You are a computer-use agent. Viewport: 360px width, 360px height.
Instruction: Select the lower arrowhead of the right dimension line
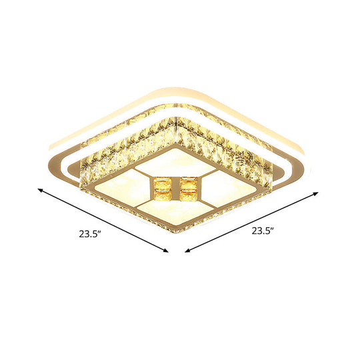point(187,253)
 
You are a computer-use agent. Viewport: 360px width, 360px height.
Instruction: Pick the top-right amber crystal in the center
point(189,182)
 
